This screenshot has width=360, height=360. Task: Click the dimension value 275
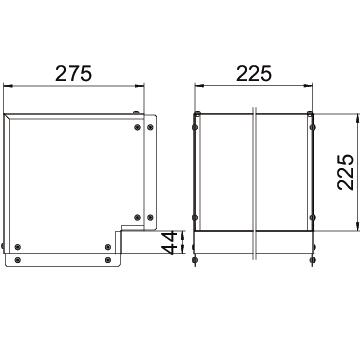pos(73,74)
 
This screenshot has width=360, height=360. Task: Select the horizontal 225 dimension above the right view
pos(254,74)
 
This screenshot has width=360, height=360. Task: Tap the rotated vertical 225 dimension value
pos(345,172)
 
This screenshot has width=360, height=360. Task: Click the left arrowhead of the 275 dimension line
pos(8,86)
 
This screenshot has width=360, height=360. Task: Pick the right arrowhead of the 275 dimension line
pos(140,86)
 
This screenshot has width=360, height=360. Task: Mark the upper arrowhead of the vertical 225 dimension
pos(358,118)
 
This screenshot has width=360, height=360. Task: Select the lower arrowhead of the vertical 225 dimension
pos(358,226)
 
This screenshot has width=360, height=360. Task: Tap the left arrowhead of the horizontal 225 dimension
pos(199,86)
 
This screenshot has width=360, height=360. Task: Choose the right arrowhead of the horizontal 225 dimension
pos(308,86)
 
